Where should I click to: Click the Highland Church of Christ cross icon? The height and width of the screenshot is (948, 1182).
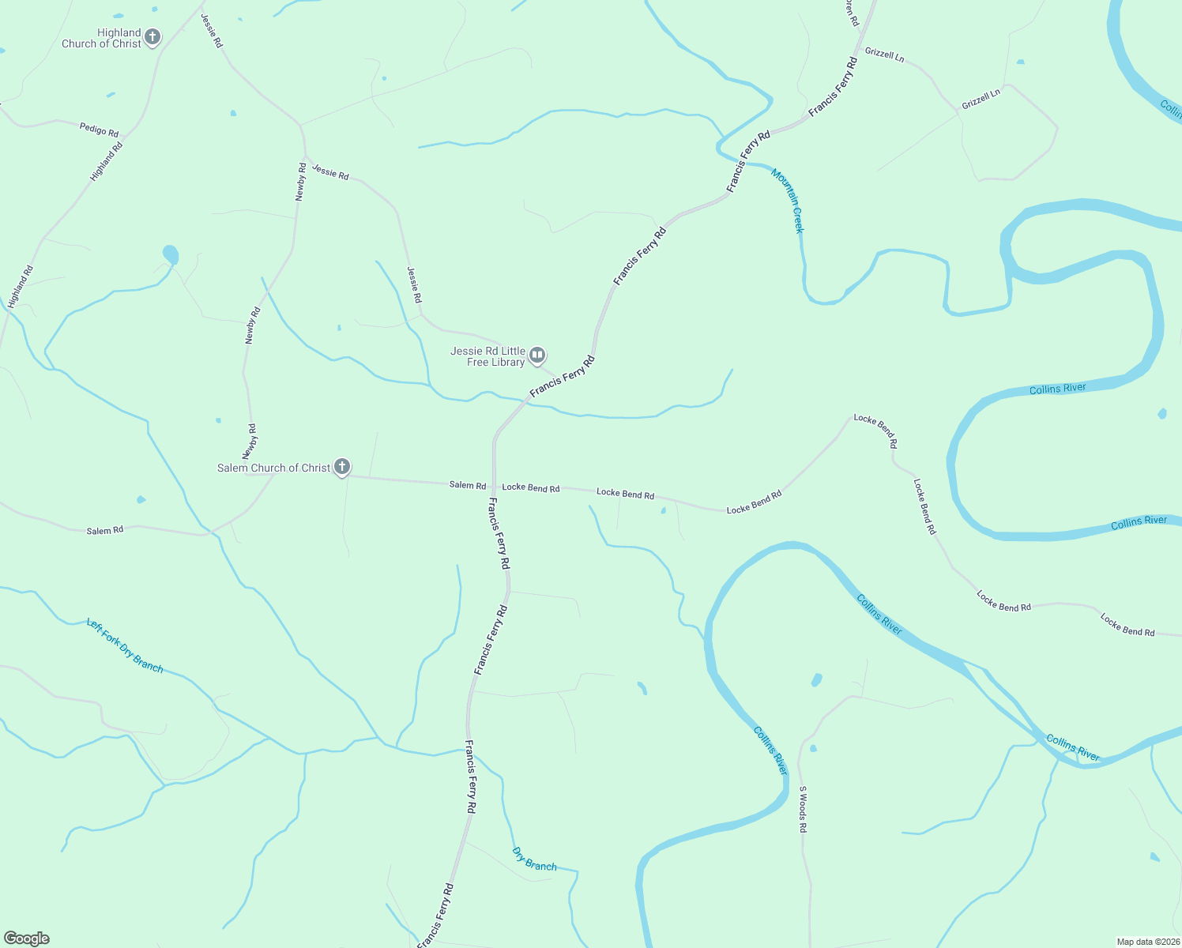[152, 37]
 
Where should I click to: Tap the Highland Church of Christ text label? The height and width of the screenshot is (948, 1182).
[102, 39]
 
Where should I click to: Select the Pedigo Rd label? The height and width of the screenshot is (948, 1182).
[99, 129]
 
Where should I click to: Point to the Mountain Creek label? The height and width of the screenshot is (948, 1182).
[788, 201]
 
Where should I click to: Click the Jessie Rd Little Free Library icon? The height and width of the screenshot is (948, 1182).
[537, 355]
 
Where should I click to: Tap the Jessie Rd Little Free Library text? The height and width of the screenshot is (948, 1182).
[487, 357]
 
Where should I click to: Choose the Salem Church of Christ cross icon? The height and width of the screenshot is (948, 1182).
[342, 467]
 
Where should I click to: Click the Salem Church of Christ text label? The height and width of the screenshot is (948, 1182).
[273, 468]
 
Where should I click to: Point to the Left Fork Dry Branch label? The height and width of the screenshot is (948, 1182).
[125, 645]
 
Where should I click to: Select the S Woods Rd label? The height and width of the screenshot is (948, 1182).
[802, 809]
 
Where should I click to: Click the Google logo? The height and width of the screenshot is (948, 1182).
[26, 939]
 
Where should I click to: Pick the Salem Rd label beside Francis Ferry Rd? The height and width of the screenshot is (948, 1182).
[468, 485]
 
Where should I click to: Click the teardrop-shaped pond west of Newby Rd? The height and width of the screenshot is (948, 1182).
[171, 255]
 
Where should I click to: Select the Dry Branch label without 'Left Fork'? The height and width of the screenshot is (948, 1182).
[535, 860]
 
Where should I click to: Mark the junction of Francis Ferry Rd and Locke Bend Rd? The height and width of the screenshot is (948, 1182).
[494, 486]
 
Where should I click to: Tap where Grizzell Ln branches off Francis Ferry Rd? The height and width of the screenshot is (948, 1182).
[858, 55]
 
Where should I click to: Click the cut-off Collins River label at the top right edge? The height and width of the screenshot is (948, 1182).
[1171, 108]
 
